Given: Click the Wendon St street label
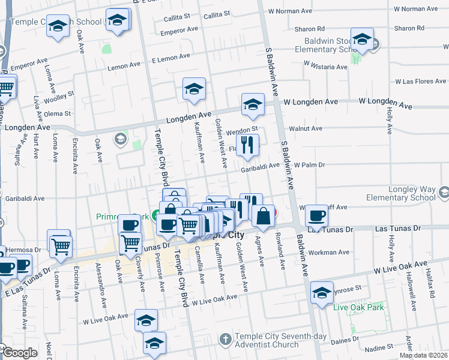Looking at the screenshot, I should [x=243, y=128].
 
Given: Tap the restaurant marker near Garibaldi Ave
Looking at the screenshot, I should [x=247, y=145].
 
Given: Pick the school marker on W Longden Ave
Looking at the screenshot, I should [x=253, y=104].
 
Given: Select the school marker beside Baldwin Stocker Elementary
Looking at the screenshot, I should [x=362, y=40].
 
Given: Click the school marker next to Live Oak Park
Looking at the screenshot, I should [x=322, y=292].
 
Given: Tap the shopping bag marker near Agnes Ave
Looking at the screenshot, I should [x=263, y=215].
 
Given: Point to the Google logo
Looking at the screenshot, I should [x=20, y=353].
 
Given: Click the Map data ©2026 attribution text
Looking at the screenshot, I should [x=423, y=355].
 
